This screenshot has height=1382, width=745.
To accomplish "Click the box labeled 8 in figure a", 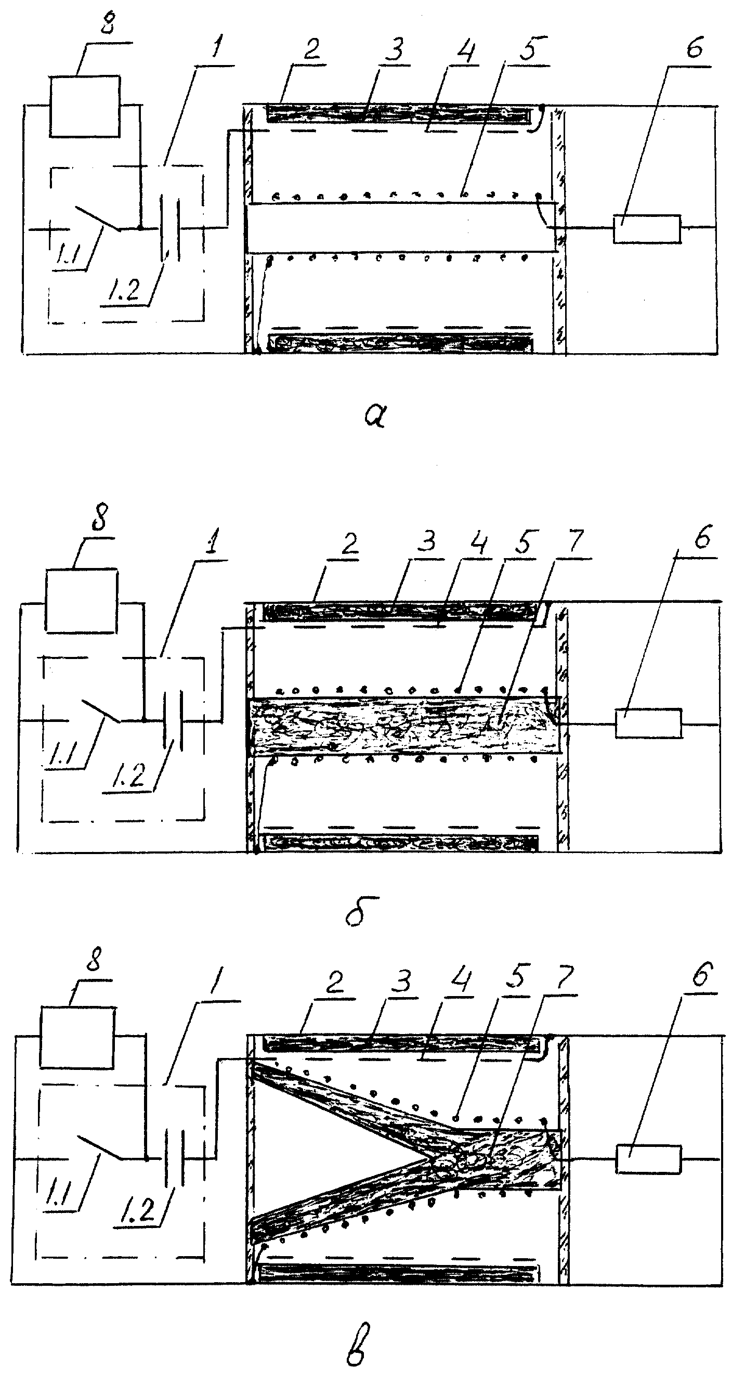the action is pyautogui.click(x=85, y=106).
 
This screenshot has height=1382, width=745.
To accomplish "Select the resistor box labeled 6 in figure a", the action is pyautogui.click(x=647, y=229).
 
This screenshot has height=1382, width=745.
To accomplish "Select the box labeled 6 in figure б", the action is pyautogui.click(x=649, y=723).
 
